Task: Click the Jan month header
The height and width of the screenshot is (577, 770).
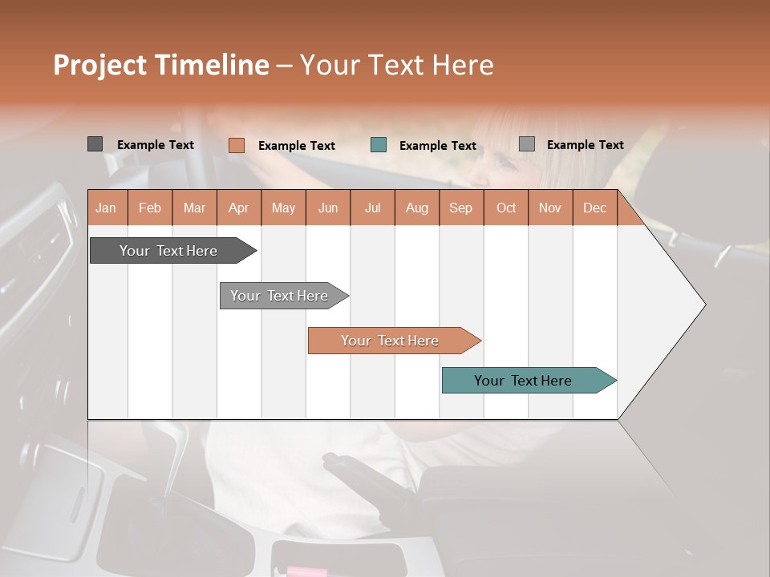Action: coord(106,208)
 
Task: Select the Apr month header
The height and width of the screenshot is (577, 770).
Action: coord(238,208)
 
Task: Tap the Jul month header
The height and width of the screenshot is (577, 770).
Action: coord(372,208)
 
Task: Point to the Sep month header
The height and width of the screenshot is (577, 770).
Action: coord(460,208)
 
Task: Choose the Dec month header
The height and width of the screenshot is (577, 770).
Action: coord(594,208)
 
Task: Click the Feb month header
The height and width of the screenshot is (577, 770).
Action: coord(150,208)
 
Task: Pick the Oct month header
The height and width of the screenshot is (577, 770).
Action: coord(506,208)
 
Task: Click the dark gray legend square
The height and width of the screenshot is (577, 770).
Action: coord(95,144)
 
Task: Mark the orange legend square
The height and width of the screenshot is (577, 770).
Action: coord(236,145)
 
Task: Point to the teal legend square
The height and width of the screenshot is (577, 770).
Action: coord(379,145)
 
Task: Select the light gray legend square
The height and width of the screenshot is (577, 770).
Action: coord(526,144)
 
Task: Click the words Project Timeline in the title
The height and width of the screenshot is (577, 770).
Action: coord(161,65)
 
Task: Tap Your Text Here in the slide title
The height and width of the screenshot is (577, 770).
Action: coord(396,65)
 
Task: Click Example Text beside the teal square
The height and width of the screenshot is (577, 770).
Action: coord(437,146)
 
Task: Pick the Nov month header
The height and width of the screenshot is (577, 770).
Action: coord(550,208)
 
